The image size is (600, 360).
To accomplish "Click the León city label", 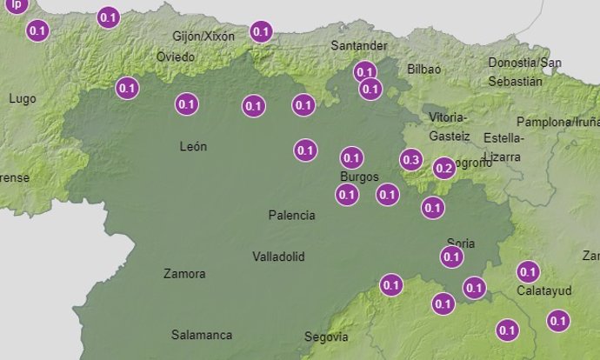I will tap(193, 146).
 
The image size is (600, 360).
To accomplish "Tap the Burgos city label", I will tap(359, 177).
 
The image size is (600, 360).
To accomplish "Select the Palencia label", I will tap(291, 215).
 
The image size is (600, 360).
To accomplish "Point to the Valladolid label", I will tap(278, 257).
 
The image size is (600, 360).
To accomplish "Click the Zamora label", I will tap(184, 274).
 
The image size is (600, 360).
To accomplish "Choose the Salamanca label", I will tap(201, 334).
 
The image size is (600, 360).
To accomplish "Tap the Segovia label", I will tap(326, 337).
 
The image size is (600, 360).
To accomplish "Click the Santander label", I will tap(359, 46).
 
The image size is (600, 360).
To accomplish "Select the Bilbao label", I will tap(424, 69).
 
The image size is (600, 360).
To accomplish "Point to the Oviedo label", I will tap(175, 57).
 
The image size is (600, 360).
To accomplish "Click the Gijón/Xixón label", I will tap(203, 37).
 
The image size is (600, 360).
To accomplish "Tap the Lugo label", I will tap(22, 98).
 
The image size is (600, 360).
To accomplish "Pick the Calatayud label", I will tap(543, 290).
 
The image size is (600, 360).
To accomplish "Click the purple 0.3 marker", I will tap(411, 160).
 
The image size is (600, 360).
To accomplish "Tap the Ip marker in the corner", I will tap(15, 4).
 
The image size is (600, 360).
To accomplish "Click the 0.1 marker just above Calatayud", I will tap(528, 271).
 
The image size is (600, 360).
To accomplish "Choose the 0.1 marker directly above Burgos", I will tap(351, 158).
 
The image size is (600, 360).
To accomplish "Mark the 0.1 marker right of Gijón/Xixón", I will tap(261, 32).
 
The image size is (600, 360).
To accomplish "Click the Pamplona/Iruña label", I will tap(557, 123).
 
